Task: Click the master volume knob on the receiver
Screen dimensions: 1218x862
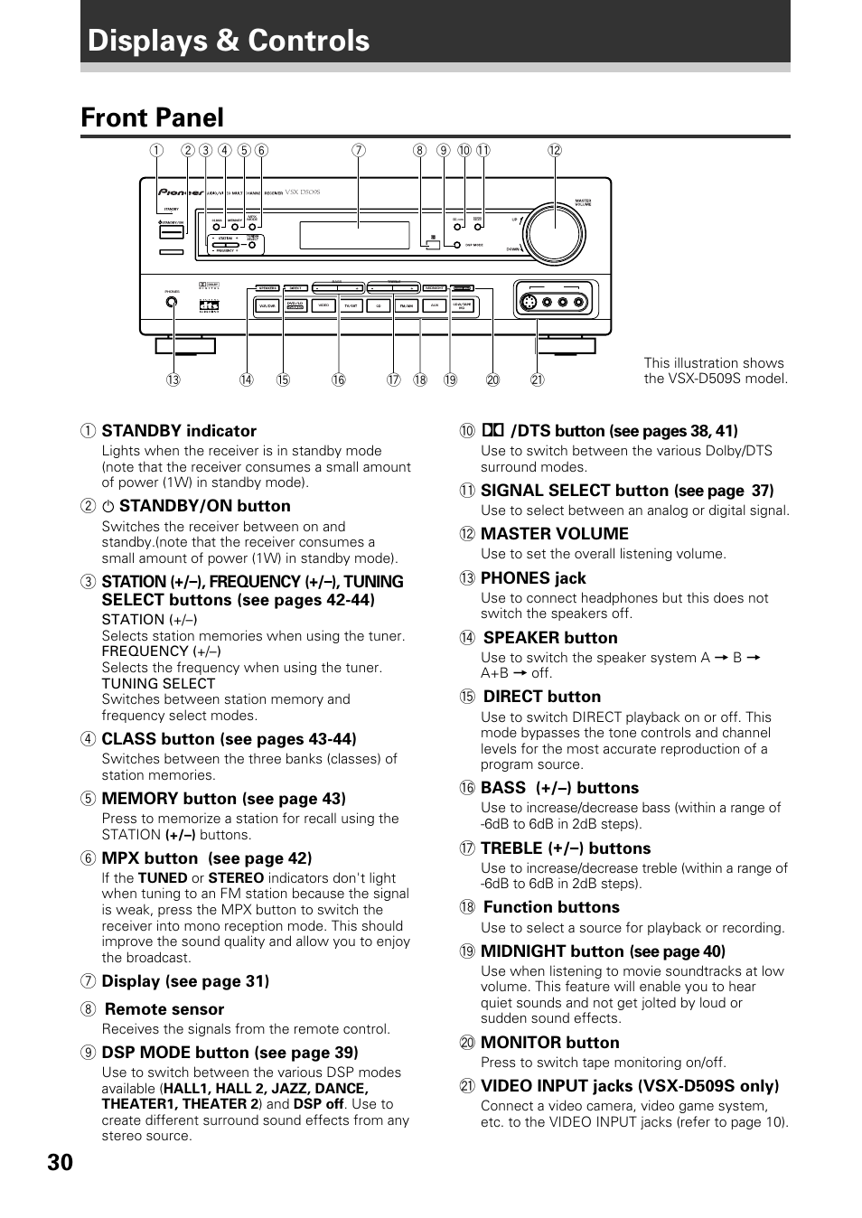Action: point(554,233)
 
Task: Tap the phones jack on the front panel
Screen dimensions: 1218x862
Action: point(172,303)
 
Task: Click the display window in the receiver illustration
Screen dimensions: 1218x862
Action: point(354,235)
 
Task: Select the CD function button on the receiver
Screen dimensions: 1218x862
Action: point(379,306)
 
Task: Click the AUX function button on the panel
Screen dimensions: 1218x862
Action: point(435,306)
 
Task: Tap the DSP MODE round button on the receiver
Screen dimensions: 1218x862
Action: point(457,245)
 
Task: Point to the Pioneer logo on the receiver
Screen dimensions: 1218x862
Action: point(177,192)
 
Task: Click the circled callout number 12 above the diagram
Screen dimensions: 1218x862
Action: point(555,151)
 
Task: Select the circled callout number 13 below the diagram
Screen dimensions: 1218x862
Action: point(173,379)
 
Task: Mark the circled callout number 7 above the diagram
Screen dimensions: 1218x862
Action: point(359,151)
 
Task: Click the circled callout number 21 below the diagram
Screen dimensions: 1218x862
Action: point(537,379)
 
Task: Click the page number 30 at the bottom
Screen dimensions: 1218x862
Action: point(61,1162)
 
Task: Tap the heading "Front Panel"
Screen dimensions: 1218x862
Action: point(152,117)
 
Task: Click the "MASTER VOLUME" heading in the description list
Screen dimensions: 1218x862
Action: point(554,534)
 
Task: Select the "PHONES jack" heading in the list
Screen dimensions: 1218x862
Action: point(533,578)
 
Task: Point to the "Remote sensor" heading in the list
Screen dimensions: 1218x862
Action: point(164,1009)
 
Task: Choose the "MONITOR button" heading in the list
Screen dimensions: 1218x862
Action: point(549,1043)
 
